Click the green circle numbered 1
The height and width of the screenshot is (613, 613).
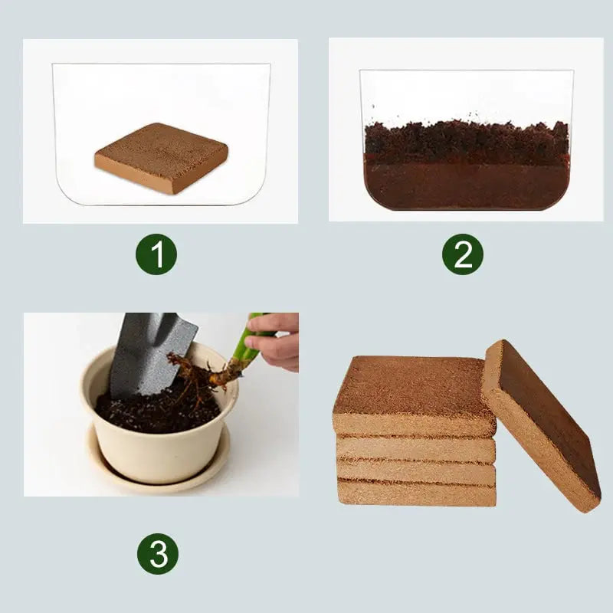(157, 255)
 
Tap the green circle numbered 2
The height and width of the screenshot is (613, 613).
(463, 254)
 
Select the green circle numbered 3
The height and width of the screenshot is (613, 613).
(158, 554)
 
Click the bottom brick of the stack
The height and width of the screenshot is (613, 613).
(416, 493)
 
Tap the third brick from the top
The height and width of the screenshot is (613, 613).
(416, 471)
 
